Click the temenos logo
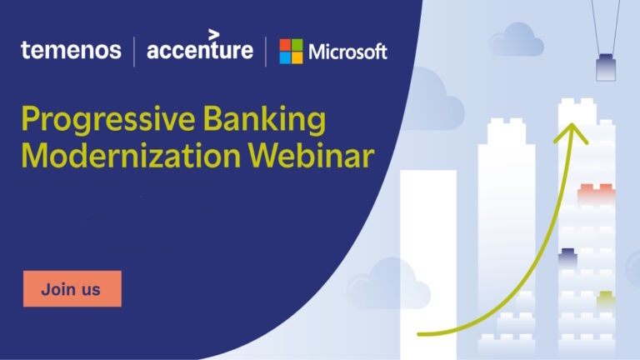(71, 50)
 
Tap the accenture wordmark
(200, 45)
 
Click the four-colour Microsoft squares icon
(291, 52)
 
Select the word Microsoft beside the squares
(347, 52)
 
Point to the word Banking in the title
(264, 120)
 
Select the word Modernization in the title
(131, 156)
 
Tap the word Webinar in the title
(311, 156)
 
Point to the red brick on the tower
(597, 194)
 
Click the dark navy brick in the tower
(567, 257)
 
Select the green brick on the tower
(606, 300)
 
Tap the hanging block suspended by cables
(606, 67)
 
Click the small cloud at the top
(517, 40)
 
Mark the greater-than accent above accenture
(214, 35)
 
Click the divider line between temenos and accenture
(134, 52)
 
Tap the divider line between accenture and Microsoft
(266, 52)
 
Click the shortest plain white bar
(428, 263)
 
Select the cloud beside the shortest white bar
(387, 284)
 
